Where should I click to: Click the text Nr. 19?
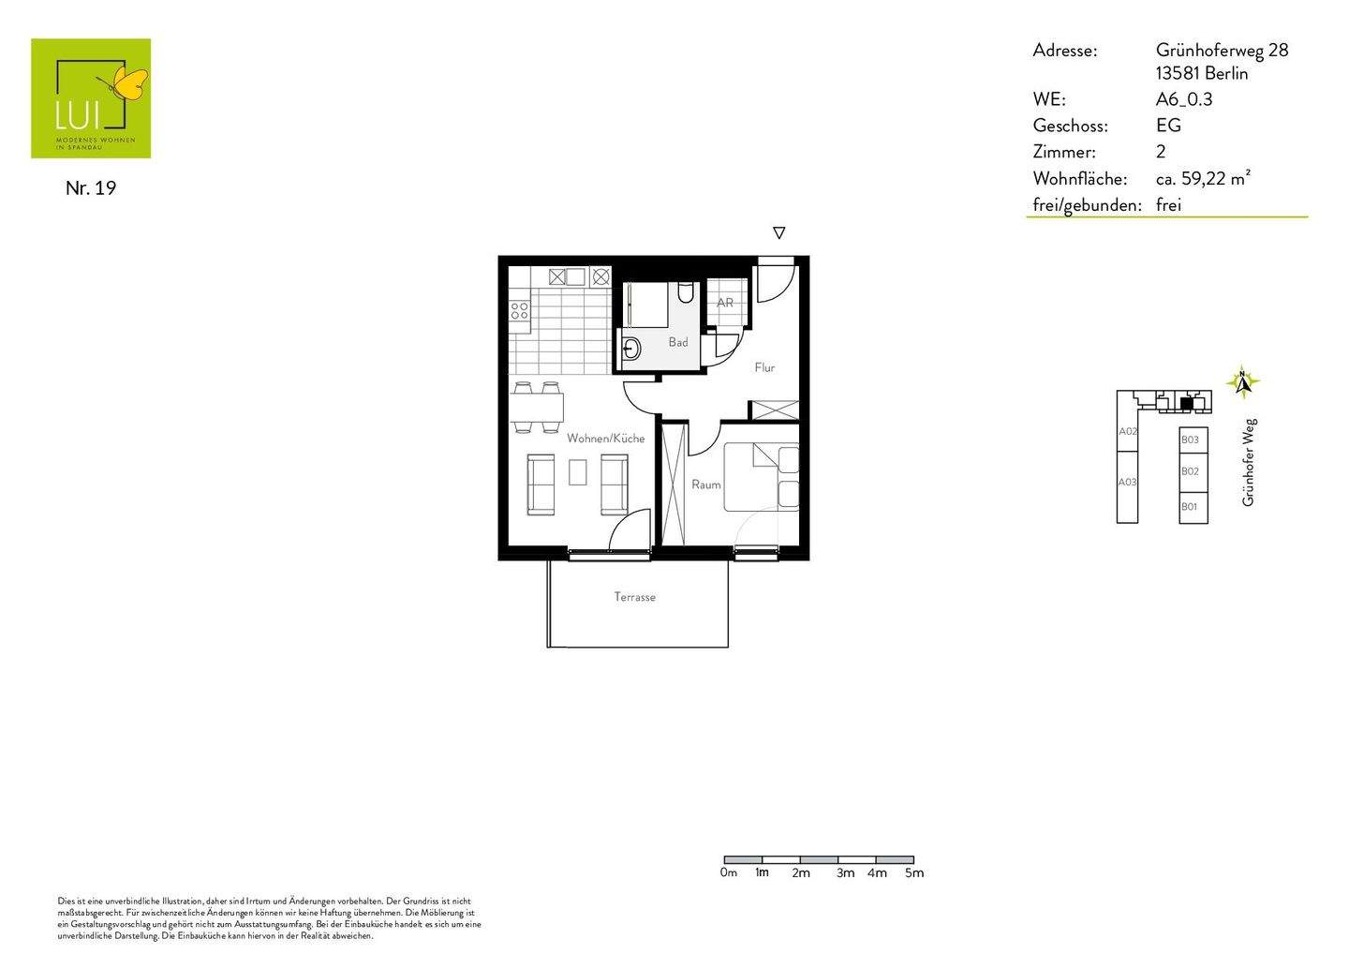point(91,187)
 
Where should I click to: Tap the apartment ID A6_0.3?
point(1184,99)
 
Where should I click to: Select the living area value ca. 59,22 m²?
point(1204,178)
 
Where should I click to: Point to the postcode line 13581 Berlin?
point(1202,74)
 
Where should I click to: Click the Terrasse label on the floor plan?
point(634,597)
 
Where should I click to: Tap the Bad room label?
point(678,342)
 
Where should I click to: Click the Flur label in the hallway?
point(764,367)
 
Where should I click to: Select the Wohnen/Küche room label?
point(605,439)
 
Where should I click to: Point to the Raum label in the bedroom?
point(705,484)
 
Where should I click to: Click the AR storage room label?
point(725,303)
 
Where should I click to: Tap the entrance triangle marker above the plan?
point(778,233)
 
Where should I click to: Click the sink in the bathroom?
point(631,350)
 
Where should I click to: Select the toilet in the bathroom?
point(685,292)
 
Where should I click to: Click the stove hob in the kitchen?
point(519,310)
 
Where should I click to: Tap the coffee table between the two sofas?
point(578,472)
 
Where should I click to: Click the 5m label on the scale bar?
point(913,873)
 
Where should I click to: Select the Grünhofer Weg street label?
point(1249,463)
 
